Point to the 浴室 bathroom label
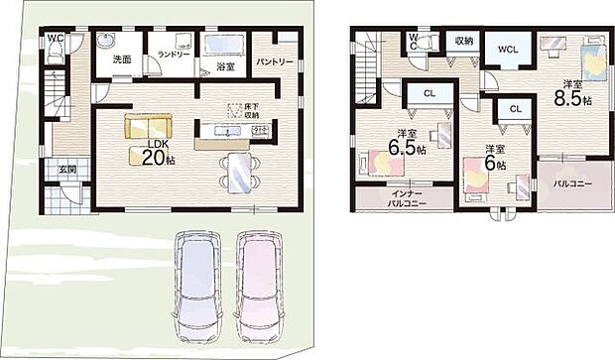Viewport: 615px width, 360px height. click(x=224, y=65)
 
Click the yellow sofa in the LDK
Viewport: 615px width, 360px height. click(x=148, y=126)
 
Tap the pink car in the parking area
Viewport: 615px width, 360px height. click(x=260, y=287)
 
